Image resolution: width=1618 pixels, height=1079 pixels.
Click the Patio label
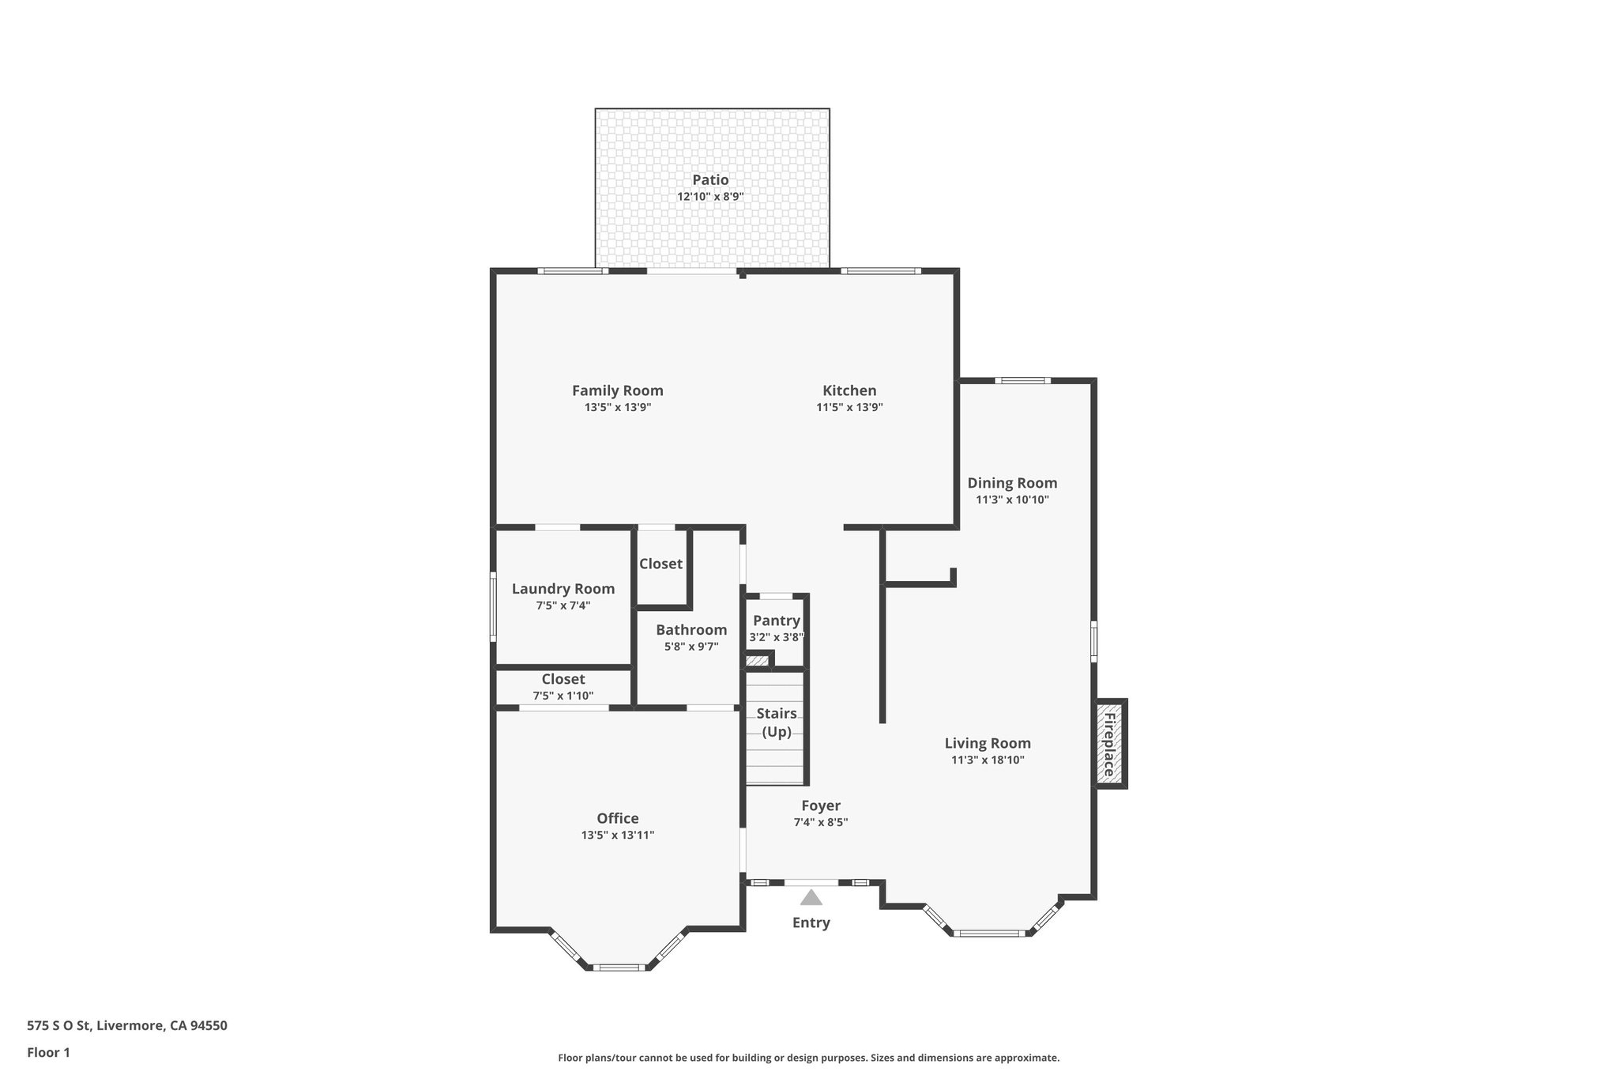pos(710,180)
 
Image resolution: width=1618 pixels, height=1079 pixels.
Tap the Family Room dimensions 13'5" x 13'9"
pos(617,408)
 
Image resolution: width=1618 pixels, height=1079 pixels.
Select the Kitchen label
pos(849,390)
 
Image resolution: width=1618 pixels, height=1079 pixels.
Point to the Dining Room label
pos(1012,483)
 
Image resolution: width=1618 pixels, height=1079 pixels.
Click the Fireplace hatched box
pos(1110,744)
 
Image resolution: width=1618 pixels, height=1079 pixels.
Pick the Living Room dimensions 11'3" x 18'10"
pos(988,760)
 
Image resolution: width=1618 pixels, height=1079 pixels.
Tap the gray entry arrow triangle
pos(811,898)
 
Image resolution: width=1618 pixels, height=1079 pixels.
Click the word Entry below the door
pos(811,922)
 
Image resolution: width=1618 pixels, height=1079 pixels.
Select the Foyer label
pos(820,805)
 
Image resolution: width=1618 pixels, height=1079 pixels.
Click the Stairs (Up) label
pos(776,722)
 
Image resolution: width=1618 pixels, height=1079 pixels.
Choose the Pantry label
pos(776,621)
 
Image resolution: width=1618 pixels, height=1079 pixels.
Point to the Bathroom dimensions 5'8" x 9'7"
pos(691,647)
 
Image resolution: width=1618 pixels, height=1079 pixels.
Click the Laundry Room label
pos(563,589)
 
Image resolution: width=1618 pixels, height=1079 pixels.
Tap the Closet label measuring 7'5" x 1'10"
pos(563,680)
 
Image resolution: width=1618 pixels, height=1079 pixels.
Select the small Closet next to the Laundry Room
pos(660,564)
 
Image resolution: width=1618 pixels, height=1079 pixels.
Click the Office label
pos(617,818)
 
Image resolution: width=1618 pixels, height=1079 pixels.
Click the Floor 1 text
pos(48,1052)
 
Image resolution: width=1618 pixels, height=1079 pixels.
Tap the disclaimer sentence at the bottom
pos(808,1058)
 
